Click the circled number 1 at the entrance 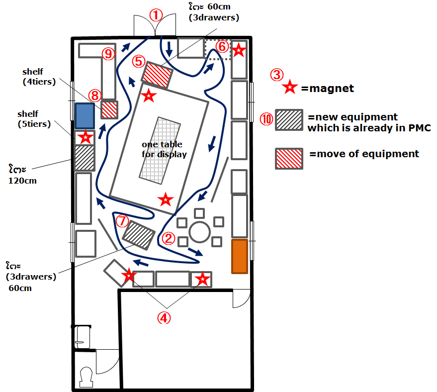pyautogui.click(x=156, y=15)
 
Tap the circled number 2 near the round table pyautogui.click(x=169, y=238)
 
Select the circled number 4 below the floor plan pyautogui.click(x=164, y=318)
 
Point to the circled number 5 pyautogui.click(x=139, y=61)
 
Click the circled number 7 pyautogui.click(x=122, y=221)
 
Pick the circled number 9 pyautogui.click(x=108, y=54)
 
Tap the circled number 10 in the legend pyautogui.click(x=266, y=119)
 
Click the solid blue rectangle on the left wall pyautogui.click(x=85, y=116)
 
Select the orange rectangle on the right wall pyautogui.click(x=240, y=256)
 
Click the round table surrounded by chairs pyautogui.click(x=199, y=232)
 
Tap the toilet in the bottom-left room pyautogui.click(x=87, y=377)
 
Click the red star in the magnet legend pyautogui.click(x=290, y=87)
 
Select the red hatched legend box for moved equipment pyautogui.click(x=289, y=159)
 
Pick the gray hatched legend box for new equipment pyautogui.click(x=289, y=120)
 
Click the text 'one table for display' pyautogui.click(x=164, y=149)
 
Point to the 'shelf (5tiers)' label pyautogui.click(x=34, y=119)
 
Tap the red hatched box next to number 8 pyautogui.click(x=109, y=110)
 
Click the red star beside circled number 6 pyautogui.click(x=239, y=50)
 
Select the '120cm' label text pyautogui.click(x=22, y=181)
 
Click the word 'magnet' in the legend pyautogui.click(x=332, y=89)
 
